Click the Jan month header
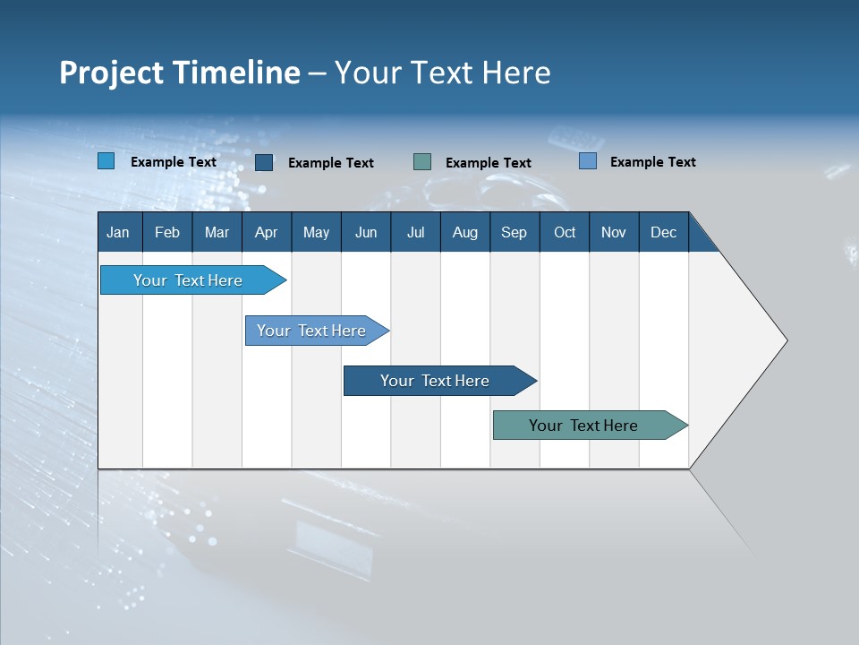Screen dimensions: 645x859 click(x=118, y=232)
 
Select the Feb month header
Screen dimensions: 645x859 click(x=167, y=232)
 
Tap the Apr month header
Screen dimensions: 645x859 click(x=266, y=232)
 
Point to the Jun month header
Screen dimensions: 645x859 click(x=366, y=232)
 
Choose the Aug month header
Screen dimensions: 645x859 click(x=464, y=232)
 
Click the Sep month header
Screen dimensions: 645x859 click(x=514, y=232)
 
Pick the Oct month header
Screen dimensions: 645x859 click(x=565, y=232)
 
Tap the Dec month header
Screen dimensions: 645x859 click(x=663, y=232)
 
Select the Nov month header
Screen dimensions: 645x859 click(x=614, y=232)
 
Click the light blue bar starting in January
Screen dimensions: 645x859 click(x=188, y=280)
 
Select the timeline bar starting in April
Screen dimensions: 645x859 click(x=311, y=331)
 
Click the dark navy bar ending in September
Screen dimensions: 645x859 click(x=435, y=381)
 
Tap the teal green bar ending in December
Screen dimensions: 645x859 click(x=583, y=426)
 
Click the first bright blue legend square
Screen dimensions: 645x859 click(x=106, y=161)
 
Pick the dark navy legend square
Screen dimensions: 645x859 click(x=264, y=162)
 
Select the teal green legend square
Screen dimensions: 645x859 click(x=422, y=161)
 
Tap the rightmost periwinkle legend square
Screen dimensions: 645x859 click(x=588, y=161)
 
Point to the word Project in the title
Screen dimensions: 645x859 click(x=111, y=73)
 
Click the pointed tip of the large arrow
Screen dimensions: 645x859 click(x=785, y=340)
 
